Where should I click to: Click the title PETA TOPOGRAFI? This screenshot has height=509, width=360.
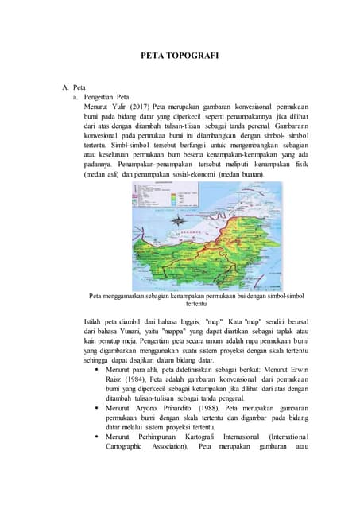click(180, 56)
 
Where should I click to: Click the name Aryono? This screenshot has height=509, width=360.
click(149, 408)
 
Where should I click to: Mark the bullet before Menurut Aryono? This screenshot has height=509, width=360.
click(96, 408)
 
